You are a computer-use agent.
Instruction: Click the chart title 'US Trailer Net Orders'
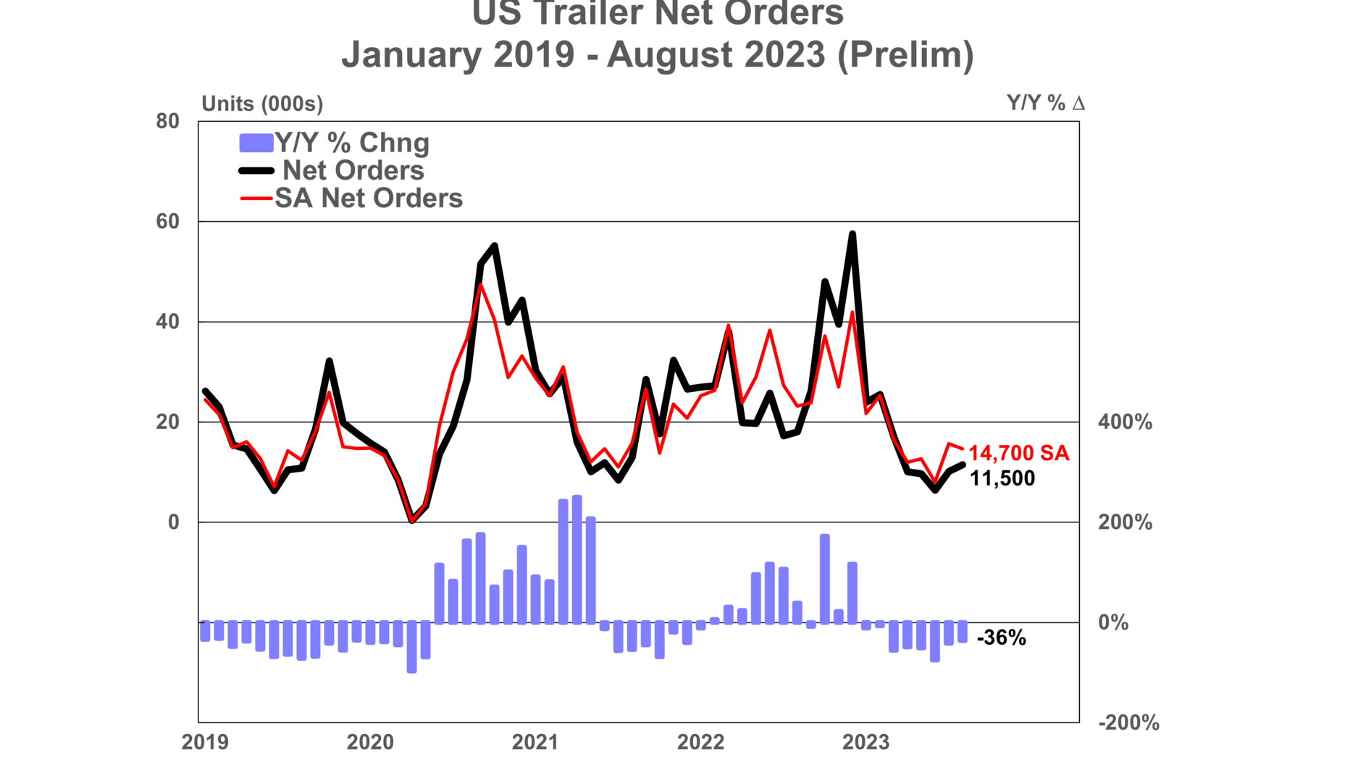[x=658, y=13]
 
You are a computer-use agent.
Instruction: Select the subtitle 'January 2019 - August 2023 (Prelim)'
[x=658, y=54]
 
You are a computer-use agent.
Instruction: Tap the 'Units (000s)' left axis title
[x=262, y=104]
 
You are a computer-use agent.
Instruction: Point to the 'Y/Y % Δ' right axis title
[x=1045, y=103]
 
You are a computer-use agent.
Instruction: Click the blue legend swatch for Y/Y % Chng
[x=256, y=143]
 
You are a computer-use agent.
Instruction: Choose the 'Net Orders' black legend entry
[x=353, y=171]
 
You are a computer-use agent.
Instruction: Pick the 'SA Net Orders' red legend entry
[x=368, y=198]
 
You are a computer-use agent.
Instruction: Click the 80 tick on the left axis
[x=167, y=121]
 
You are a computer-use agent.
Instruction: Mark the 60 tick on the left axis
[x=167, y=222]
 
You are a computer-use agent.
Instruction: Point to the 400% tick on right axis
[x=1125, y=422]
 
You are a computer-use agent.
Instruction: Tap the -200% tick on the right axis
[x=1128, y=722]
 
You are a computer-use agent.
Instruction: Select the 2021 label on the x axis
[x=535, y=742]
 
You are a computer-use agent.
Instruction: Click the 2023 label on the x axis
[x=865, y=742]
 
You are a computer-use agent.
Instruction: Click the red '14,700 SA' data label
[x=1018, y=454]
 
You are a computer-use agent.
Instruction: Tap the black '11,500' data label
[x=1002, y=478]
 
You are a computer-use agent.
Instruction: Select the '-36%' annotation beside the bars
[x=1001, y=638]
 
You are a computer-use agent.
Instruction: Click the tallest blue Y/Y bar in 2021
[x=577, y=558]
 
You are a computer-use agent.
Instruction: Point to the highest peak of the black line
[x=852, y=234]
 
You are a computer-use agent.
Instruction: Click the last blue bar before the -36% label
[x=963, y=631]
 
